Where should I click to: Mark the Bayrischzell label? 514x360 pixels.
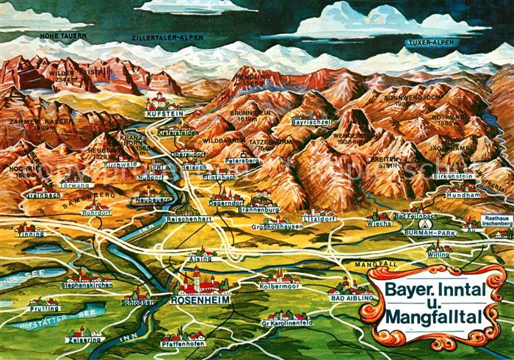pos(312,121)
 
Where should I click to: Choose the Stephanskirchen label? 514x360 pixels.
pos(86,284)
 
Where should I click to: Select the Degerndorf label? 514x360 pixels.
pos(225,201)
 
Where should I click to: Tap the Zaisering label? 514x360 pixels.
pos(82,340)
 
